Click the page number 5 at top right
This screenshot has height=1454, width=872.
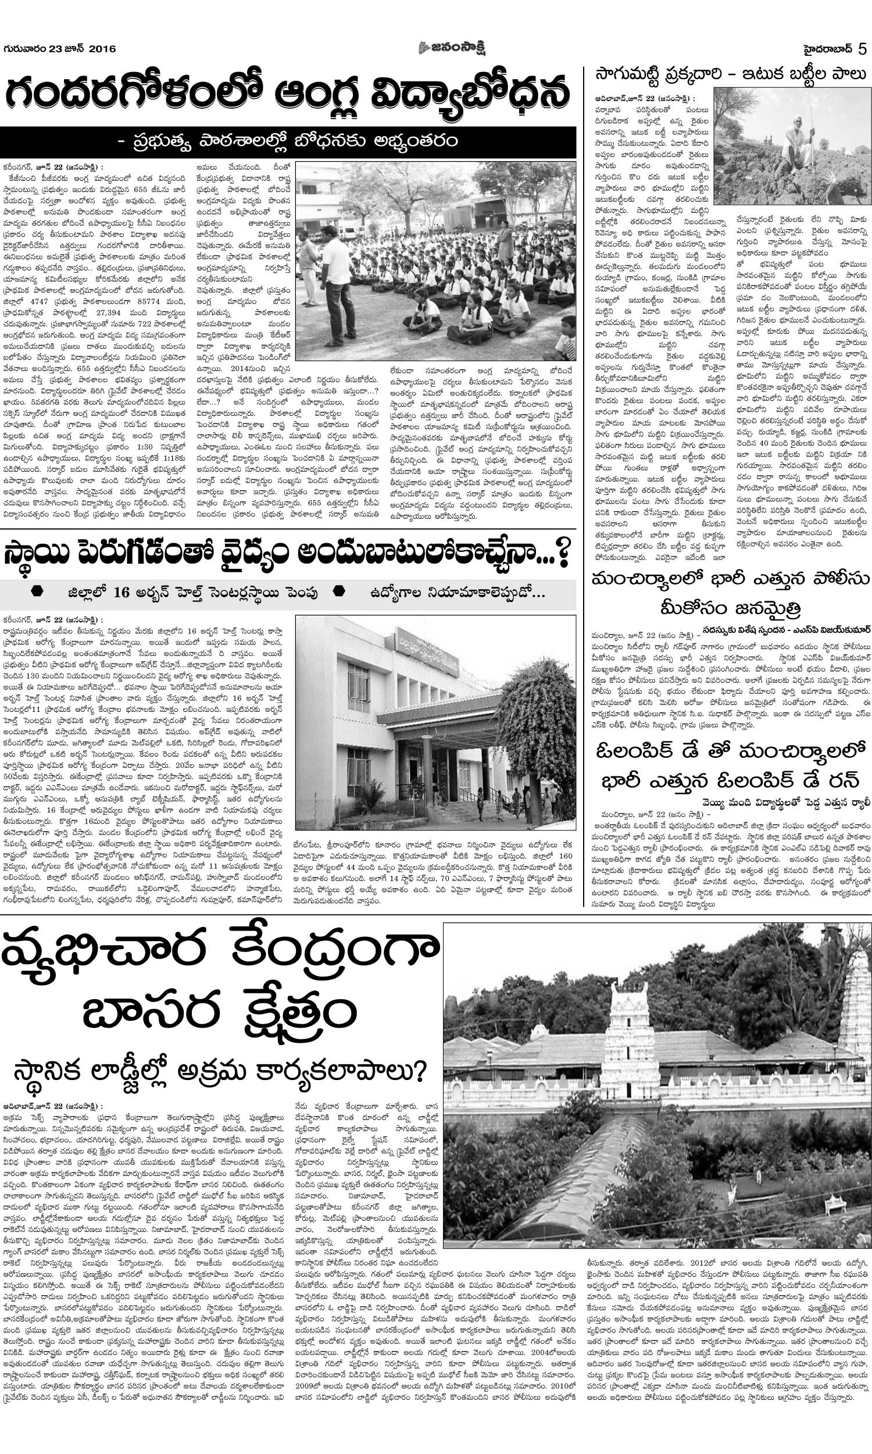[862, 49]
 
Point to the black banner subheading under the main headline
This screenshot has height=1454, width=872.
[288, 142]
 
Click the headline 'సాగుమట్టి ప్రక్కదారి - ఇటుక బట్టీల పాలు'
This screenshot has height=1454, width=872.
[730, 74]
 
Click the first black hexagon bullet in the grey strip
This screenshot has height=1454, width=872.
[37, 592]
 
